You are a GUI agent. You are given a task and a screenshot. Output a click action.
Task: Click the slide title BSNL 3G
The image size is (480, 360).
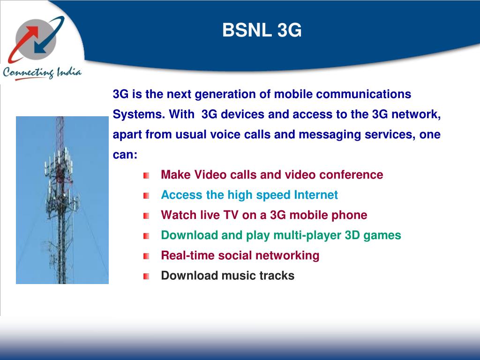click(x=262, y=31)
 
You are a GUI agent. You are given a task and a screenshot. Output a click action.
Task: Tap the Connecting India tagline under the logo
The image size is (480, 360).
click(x=42, y=73)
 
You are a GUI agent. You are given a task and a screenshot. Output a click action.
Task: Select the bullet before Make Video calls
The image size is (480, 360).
click(x=147, y=175)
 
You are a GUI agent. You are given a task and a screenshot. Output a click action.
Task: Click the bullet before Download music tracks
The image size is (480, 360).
click(x=147, y=276)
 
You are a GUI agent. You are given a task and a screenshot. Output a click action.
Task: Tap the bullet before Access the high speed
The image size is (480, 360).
click(x=147, y=195)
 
